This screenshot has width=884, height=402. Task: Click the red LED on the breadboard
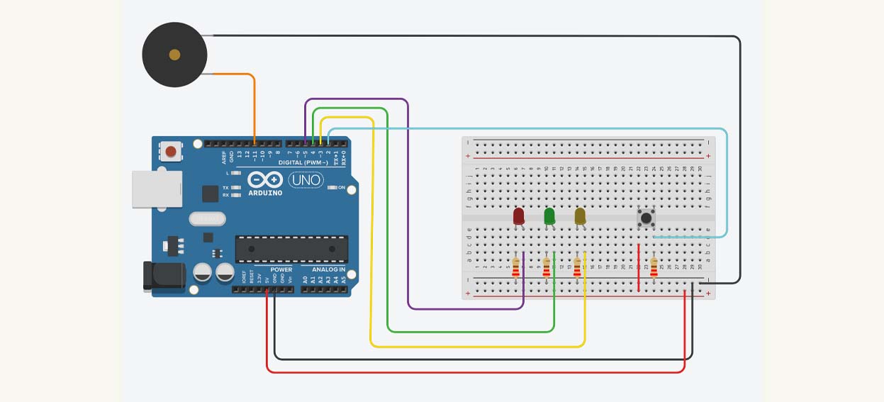click(x=518, y=216)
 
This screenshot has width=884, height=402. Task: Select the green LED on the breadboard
click(x=549, y=216)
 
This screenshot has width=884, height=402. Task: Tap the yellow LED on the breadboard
click(x=580, y=216)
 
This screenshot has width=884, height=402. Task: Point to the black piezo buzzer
click(x=174, y=55)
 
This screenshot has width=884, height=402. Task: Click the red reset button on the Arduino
click(x=170, y=151)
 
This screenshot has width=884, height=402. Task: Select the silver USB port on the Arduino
click(x=156, y=190)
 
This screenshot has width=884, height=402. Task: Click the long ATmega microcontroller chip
click(x=292, y=248)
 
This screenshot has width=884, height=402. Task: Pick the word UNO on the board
click(x=306, y=181)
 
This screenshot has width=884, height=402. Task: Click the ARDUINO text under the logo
click(x=265, y=192)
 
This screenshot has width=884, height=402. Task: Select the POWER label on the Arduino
click(x=281, y=270)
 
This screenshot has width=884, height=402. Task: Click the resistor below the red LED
click(x=515, y=268)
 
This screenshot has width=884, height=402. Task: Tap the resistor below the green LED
click(x=546, y=268)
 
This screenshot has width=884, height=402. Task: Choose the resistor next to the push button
click(x=654, y=267)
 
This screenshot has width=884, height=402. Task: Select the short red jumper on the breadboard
click(x=639, y=268)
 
